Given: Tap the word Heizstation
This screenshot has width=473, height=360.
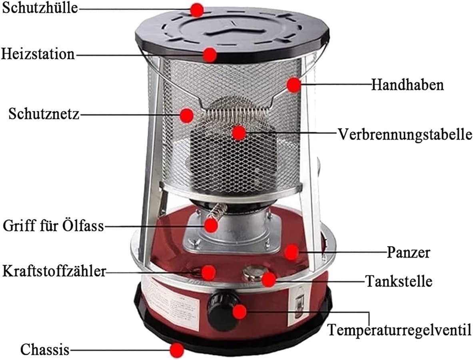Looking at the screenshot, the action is click(38, 54).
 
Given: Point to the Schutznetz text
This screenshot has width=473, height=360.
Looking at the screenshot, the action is click(44, 114).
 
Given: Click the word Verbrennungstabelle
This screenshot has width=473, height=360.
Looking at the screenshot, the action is click(405, 134).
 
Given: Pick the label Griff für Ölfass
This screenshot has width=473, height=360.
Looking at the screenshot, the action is click(54, 225).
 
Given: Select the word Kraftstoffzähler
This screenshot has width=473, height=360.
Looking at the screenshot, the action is click(54, 271).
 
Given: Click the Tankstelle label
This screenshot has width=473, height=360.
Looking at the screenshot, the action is click(399, 281).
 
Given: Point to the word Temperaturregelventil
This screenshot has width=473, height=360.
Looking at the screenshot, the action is click(399, 330).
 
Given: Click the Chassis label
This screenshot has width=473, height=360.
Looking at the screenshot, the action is click(45, 350).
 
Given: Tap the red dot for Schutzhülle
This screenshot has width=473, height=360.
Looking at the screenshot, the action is click(197, 10).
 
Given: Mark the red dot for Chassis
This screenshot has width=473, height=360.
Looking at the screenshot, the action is click(177, 350).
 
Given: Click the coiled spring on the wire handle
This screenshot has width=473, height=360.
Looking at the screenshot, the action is click(235, 114).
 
